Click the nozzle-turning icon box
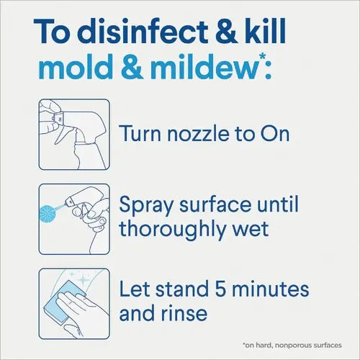74,135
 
